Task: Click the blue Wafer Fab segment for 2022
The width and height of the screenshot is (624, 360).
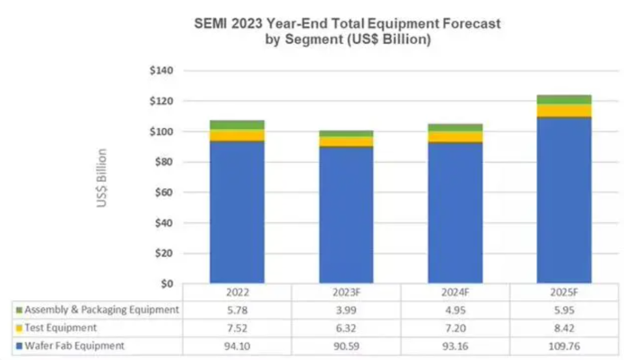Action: pos(237,212)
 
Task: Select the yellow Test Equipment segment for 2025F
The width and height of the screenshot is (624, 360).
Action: pos(564,110)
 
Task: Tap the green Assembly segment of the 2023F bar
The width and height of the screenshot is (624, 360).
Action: pos(346,133)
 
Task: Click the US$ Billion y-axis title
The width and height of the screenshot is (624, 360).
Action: pos(101,178)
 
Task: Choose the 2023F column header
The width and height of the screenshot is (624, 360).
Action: pos(346,292)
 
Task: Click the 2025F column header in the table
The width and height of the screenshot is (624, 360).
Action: pos(564,292)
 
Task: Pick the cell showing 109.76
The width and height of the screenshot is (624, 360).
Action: pos(564,346)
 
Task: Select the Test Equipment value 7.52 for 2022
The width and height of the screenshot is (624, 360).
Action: pos(237,328)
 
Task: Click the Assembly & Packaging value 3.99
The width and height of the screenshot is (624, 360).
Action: pos(346,310)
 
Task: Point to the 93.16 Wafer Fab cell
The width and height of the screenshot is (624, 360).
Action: pos(455,346)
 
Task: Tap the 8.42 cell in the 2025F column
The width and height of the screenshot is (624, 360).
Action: pos(564,328)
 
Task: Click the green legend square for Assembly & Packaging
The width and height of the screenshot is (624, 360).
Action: pos(19,311)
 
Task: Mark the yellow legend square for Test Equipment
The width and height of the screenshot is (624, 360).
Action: pos(19,328)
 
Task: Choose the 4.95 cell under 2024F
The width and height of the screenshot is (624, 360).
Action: pos(455,310)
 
